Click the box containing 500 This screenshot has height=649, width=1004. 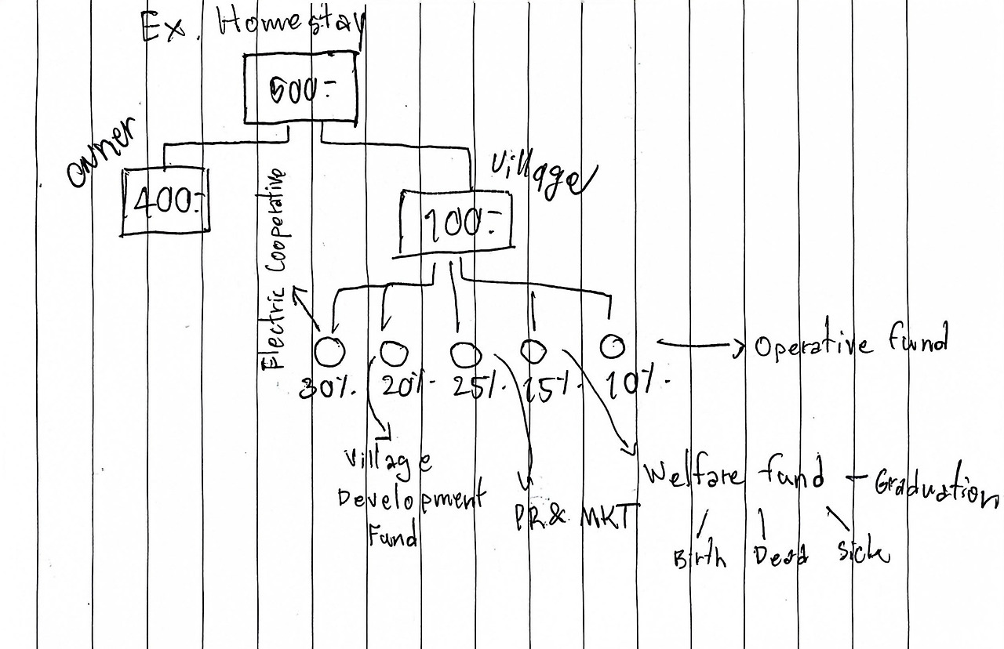[300, 90]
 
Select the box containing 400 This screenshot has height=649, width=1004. [166, 201]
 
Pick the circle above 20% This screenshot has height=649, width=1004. [393, 353]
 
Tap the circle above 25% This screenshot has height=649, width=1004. [465, 355]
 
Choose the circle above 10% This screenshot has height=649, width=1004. [613, 345]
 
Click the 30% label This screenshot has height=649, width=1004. [328, 388]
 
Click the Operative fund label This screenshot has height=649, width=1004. [851, 344]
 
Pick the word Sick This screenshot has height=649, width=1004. [863, 552]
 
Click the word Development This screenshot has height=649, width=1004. [412, 499]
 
